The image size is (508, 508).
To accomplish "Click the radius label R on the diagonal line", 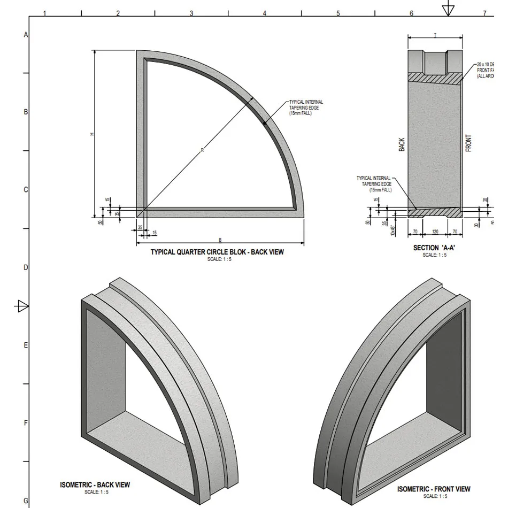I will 202,150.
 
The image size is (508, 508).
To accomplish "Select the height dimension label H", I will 91,134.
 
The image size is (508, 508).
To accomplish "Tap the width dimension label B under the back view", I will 220,240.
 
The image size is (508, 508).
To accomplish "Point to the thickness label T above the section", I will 435,35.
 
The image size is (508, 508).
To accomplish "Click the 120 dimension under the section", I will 435,233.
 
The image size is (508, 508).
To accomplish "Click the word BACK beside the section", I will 402,144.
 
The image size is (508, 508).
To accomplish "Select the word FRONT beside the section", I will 468,143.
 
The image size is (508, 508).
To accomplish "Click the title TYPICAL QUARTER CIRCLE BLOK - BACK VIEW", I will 217,252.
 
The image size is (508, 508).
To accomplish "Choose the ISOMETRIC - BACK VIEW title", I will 95,485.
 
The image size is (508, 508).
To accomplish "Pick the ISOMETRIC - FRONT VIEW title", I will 434,489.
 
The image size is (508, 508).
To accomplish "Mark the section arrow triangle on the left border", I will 22,306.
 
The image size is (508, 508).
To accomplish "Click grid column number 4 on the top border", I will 265,13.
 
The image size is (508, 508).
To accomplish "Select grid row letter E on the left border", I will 25,345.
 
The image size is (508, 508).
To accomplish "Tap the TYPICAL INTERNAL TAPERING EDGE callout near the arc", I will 306,107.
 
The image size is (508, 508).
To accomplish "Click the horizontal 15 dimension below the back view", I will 155,233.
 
